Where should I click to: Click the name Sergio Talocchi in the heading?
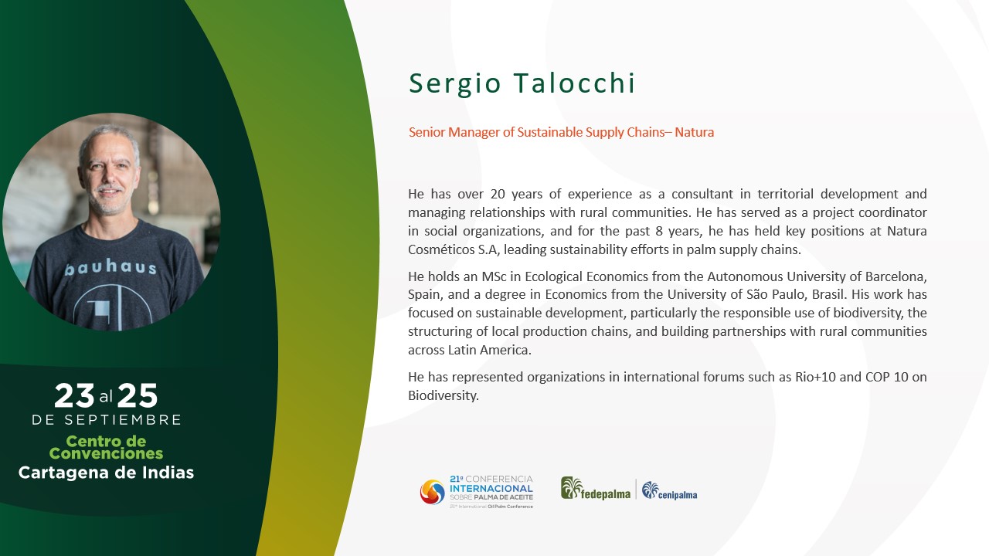click(x=522, y=83)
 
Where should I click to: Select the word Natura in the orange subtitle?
click(x=694, y=132)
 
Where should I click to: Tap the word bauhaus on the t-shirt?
click(x=110, y=267)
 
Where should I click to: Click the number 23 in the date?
click(x=74, y=395)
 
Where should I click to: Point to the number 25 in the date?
click(x=138, y=395)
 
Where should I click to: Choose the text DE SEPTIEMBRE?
click(x=107, y=419)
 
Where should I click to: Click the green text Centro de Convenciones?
click(x=106, y=447)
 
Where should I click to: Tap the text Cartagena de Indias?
click(x=106, y=473)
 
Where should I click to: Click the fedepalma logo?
click(x=596, y=489)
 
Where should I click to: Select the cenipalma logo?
click(x=669, y=490)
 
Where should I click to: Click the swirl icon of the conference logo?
click(x=432, y=492)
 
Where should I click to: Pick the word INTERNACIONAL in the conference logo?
click(x=491, y=489)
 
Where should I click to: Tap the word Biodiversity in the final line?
click(x=444, y=396)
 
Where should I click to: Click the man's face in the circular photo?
click(x=109, y=177)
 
